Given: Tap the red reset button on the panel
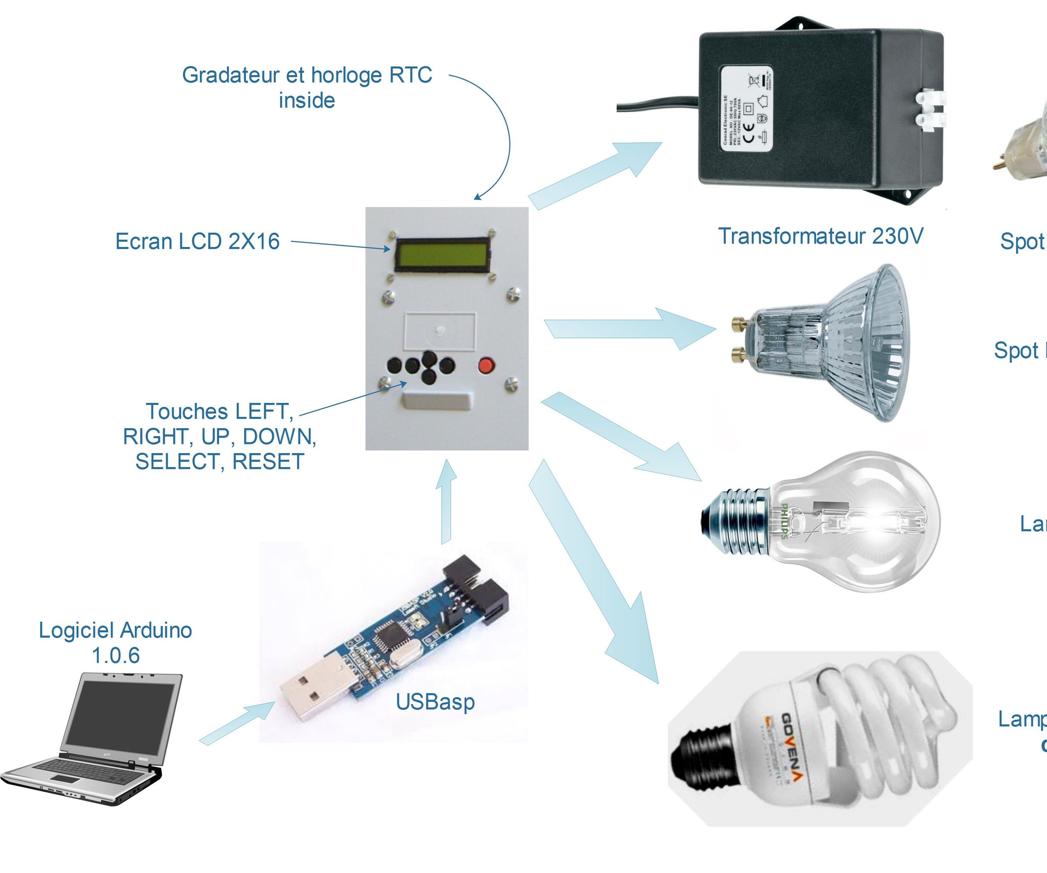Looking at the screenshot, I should click(486, 366).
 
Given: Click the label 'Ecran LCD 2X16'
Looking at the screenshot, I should click(198, 241).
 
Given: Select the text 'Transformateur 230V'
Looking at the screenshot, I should click(820, 236).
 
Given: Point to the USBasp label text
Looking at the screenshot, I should click(435, 702).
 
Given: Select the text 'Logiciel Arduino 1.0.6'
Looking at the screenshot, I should click(116, 643).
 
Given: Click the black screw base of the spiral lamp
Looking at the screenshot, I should click(698, 761).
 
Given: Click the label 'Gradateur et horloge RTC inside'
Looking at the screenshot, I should click(307, 87).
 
